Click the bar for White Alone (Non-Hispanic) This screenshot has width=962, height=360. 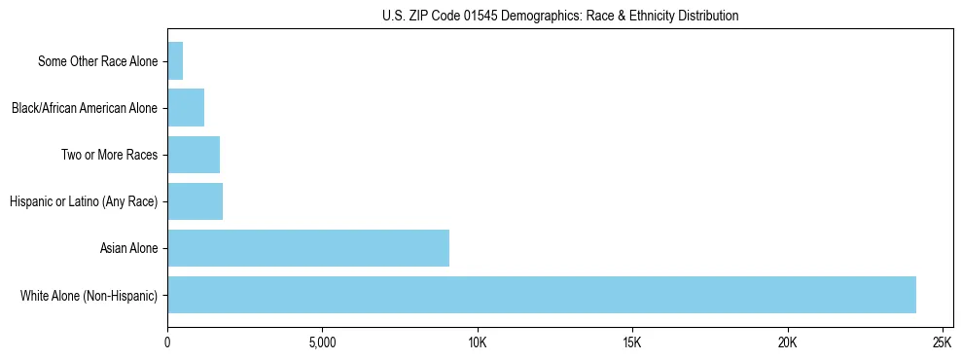pyautogui.click(x=541, y=295)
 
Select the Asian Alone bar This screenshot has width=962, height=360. pyautogui.click(x=307, y=248)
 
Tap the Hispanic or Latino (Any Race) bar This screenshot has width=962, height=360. pyautogui.click(x=195, y=201)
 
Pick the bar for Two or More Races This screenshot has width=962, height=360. pyautogui.click(x=193, y=155)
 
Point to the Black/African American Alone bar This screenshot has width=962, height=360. pyautogui.click(x=185, y=108)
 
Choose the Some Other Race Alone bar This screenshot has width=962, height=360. pyautogui.click(x=175, y=61)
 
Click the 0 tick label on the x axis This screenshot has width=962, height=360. pyautogui.click(x=167, y=342)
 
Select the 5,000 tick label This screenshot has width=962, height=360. pyautogui.click(x=322, y=342)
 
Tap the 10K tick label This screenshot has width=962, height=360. pyautogui.click(x=477, y=342)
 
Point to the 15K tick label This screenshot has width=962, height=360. pyautogui.click(x=632, y=342)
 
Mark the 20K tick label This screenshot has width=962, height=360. pyautogui.click(x=787, y=342)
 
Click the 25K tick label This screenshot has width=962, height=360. pyautogui.click(x=942, y=342)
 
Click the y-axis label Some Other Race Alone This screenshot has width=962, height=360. pyautogui.click(x=97, y=61)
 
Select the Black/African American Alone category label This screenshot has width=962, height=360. pyautogui.click(x=84, y=108)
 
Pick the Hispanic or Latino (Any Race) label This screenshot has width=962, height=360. pyautogui.click(x=83, y=201)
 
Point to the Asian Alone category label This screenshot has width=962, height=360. pyautogui.click(x=128, y=248)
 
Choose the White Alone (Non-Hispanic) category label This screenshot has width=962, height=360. pyautogui.click(x=89, y=295)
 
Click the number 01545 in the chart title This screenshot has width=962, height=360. pyautogui.click(x=476, y=16)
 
